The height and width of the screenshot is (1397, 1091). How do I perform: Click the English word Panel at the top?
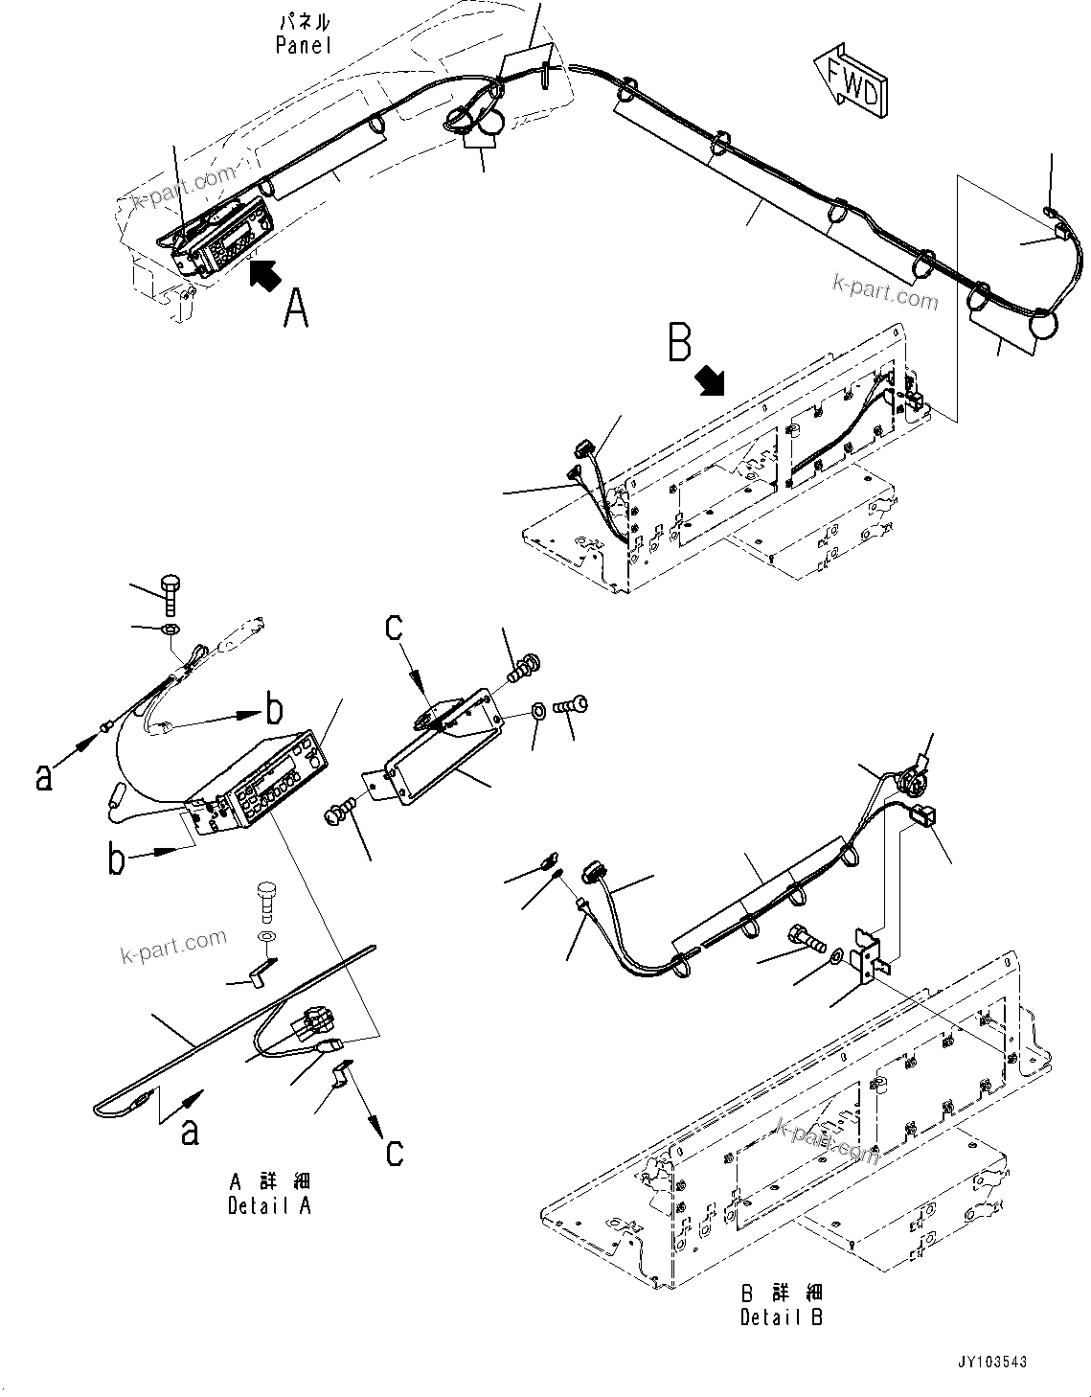point(303,45)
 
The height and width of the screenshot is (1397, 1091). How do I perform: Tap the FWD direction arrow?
point(849,80)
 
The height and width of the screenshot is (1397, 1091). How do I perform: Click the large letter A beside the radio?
point(296,309)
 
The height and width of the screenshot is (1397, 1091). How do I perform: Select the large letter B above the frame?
point(679,342)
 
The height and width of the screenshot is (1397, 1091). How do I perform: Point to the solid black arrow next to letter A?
point(265,275)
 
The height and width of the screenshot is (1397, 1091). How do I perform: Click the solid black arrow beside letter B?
point(711,381)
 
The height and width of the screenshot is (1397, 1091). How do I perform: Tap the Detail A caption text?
point(269,1205)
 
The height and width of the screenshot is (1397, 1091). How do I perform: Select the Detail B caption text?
point(782,1317)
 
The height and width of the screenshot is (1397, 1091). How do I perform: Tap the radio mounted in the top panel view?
point(222,236)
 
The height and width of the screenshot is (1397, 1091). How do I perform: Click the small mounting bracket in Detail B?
point(869,954)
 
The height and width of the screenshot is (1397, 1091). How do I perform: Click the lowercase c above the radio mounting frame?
point(395,627)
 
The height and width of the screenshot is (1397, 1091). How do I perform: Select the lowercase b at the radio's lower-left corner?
point(116,859)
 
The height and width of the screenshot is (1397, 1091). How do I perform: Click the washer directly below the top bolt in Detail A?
point(168,630)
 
